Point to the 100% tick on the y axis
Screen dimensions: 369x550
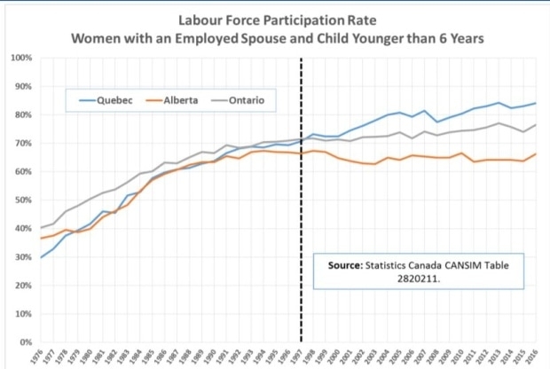click(x=22, y=58)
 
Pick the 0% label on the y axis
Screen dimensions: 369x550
click(x=26, y=342)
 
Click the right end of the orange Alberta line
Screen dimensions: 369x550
click(x=534, y=153)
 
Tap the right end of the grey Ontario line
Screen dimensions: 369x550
click(x=534, y=125)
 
